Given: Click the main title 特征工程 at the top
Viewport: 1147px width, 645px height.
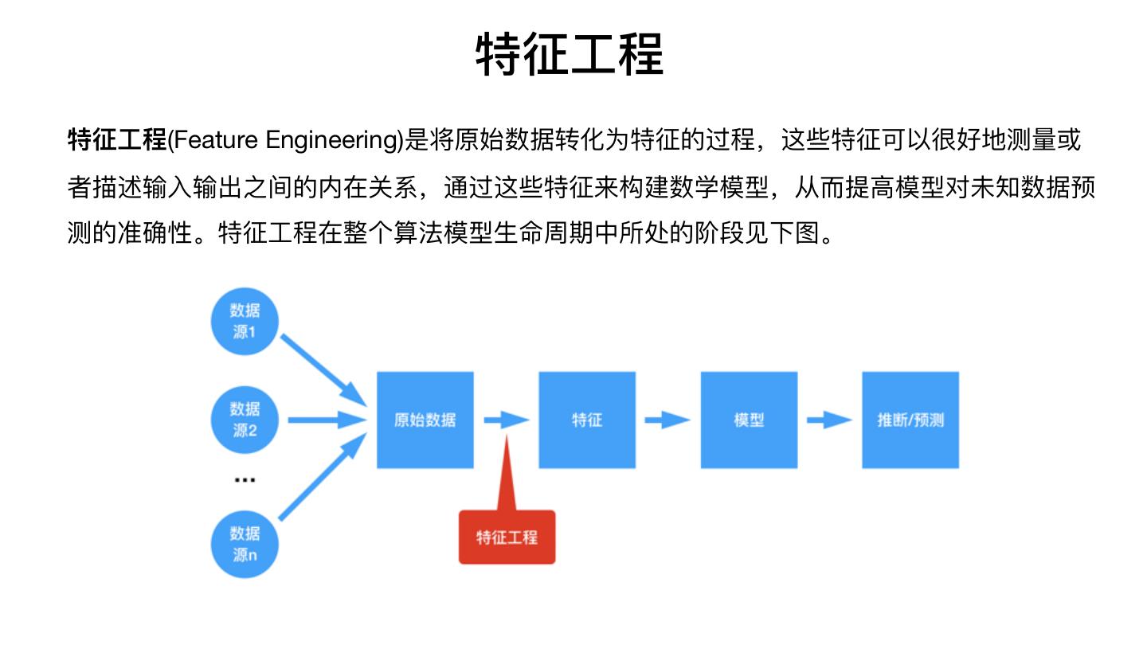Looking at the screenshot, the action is click(570, 54).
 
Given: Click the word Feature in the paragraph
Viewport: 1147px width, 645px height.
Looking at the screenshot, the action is click(216, 140).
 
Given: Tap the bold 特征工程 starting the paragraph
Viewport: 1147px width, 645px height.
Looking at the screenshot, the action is click(117, 140).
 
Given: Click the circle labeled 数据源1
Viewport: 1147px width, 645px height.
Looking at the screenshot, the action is click(245, 321).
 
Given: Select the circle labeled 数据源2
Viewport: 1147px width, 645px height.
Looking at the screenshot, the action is click(245, 420).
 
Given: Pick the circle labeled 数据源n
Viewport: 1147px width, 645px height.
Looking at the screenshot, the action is click(245, 544).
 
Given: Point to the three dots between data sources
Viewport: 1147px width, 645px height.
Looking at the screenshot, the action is click(245, 480).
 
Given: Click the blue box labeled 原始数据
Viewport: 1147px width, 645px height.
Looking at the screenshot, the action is click(425, 420).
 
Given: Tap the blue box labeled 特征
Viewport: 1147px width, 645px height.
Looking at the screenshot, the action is click(587, 420).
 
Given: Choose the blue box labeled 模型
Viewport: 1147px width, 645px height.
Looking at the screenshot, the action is click(749, 420).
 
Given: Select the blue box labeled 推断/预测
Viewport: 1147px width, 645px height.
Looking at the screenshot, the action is click(910, 420).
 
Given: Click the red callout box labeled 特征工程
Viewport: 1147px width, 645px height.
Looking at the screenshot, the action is click(507, 537).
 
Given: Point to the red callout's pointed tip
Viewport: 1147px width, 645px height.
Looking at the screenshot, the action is click(507, 436).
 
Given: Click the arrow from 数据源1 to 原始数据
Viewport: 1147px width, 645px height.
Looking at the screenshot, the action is click(323, 370).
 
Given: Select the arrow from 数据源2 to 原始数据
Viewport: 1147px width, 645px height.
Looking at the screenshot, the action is click(327, 420).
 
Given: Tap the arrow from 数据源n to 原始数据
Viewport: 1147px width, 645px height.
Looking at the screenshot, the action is click(323, 476).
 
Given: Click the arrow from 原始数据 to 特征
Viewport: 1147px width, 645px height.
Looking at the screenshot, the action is click(507, 420).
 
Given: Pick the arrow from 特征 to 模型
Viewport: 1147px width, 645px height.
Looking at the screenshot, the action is click(667, 420).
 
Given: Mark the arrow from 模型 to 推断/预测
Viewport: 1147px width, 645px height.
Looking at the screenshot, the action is click(829, 420).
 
